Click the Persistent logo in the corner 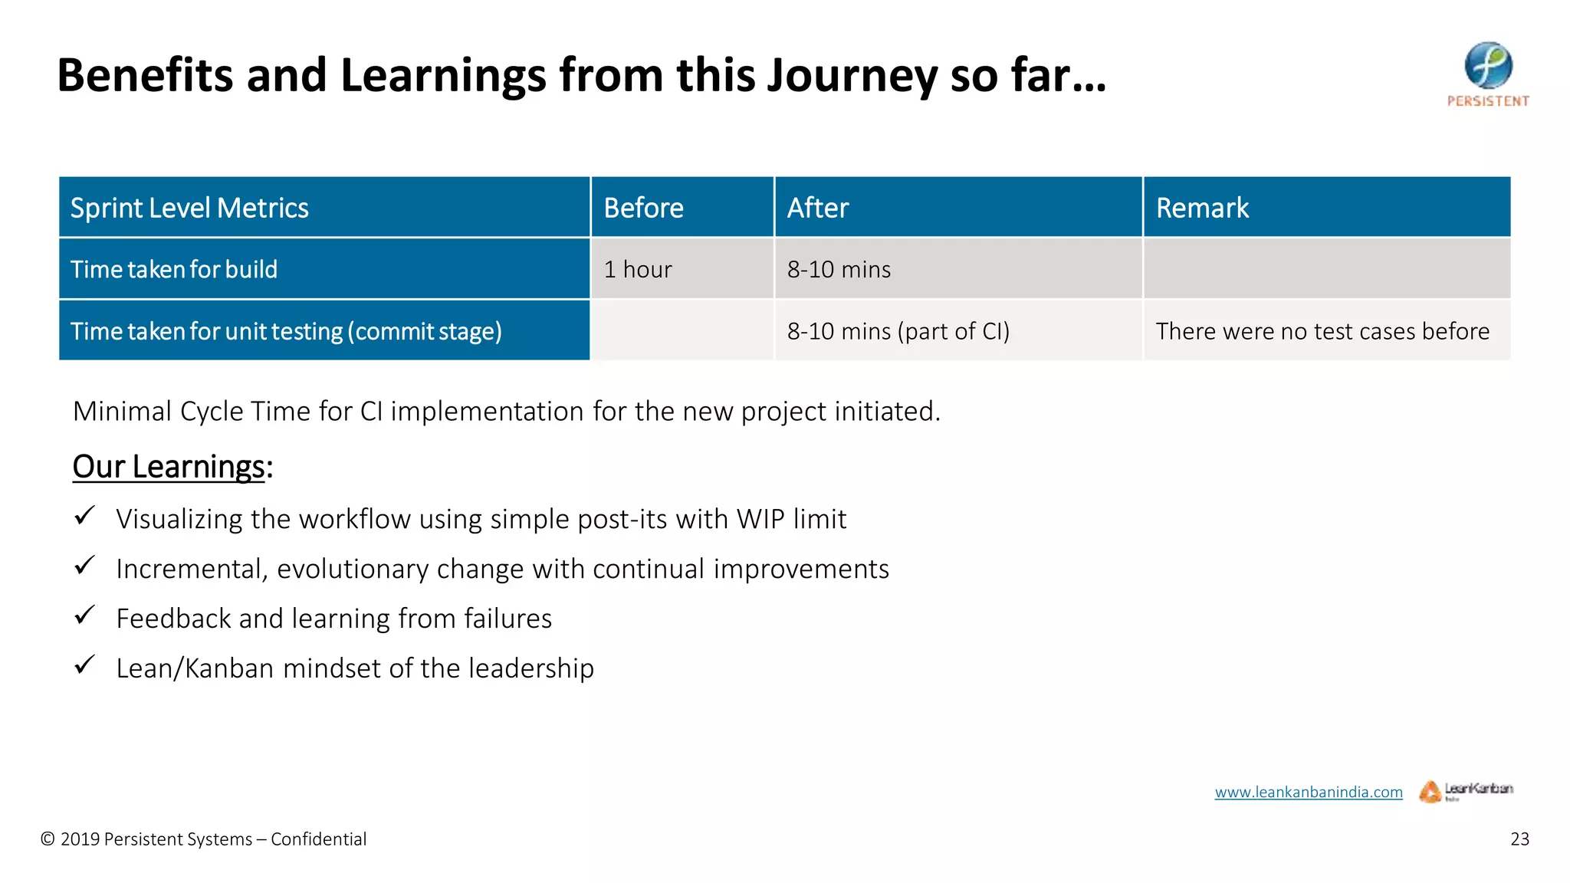(x=1488, y=73)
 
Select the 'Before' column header (x=643, y=208)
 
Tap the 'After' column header (x=818, y=208)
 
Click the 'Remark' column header (x=1202, y=208)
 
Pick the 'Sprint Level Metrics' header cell (x=189, y=208)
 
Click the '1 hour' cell (x=637, y=269)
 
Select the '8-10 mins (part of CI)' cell (x=898, y=331)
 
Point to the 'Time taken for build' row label (x=174, y=269)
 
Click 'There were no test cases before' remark (x=1322, y=331)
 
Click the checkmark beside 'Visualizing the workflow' (x=84, y=515)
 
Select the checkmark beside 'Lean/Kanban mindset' (x=84, y=664)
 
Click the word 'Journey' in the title (x=851, y=76)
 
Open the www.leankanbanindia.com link (x=1308, y=792)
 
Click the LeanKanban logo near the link (x=1466, y=790)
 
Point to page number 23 (x=1519, y=839)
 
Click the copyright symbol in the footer (x=48, y=839)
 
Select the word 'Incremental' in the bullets (x=191, y=569)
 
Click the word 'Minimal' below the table (x=122, y=412)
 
